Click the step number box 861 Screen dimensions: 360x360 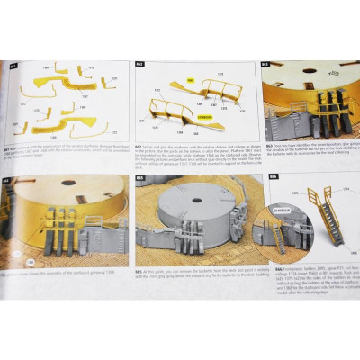[x=13, y=66]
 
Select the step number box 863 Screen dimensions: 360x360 [x=265, y=66]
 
